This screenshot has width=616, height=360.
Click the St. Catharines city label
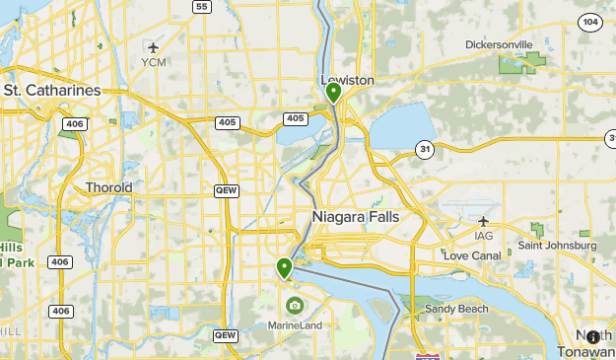(x=52, y=90)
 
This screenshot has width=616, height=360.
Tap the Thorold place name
(x=108, y=187)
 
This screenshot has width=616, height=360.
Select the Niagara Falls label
(x=355, y=216)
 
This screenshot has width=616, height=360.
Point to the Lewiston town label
(x=347, y=80)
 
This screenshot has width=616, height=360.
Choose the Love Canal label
(x=472, y=255)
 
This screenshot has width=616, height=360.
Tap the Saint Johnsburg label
(x=558, y=245)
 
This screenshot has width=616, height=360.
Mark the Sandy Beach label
(x=455, y=309)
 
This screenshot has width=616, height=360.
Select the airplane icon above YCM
(x=153, y=46)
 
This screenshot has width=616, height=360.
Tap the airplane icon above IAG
(x=483, y=221)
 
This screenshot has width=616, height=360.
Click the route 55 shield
(x=201, y=7)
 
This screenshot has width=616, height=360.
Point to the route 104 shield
(x=590, y=22)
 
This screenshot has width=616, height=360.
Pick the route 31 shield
(x=423, y=149)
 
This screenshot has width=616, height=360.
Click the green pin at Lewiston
(x=334, y=93)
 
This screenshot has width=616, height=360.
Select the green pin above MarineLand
(x=285, y=267)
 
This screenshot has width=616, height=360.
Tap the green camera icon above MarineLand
(x=294, y=306)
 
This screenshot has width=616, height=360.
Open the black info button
(x=592, y=337)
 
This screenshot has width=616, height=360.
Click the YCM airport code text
(x=154, y=62)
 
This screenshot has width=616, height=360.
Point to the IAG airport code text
(x=483, y=236)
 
